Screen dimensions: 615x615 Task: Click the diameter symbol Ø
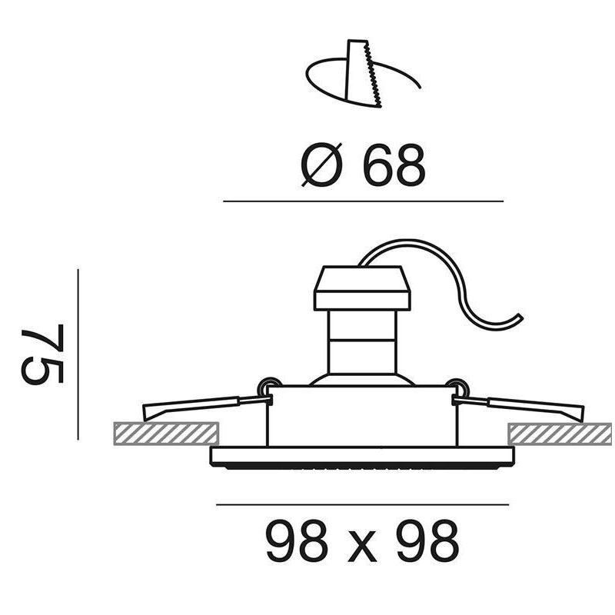(321, 165)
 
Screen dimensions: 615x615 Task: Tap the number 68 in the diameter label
(394, 165)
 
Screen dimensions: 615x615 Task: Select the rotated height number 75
(42, 354)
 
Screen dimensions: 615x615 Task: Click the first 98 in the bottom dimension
(297, 541)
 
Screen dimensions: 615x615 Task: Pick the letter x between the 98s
(363, 547)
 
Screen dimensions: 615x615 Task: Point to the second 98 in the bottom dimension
(428, 541)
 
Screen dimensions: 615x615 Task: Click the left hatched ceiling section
(166, 434)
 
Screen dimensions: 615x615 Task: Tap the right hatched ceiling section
(560, 434)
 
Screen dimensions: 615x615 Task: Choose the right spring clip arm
(517, 408)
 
